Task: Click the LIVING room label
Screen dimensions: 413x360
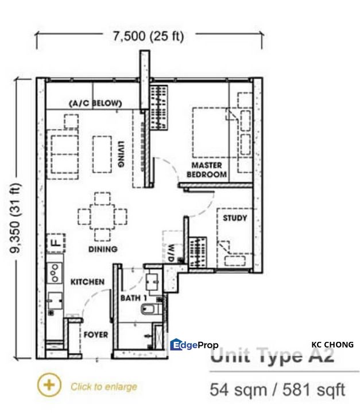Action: tap(121, 154)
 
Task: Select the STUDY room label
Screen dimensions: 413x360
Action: tap(235, 218)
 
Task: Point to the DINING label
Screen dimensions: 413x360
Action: tap(103, 249)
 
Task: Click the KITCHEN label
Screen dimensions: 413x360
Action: tap(87, 282)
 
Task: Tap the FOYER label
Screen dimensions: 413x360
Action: tap(96, 334)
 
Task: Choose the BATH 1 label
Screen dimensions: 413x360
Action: tap(134, 298)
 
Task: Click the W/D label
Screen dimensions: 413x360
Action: tap(171, 252)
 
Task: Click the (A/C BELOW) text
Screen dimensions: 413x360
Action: tap(95, 103)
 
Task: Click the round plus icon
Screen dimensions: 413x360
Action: tap(50, 385)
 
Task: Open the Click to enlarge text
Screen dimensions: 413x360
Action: tap(104, 387)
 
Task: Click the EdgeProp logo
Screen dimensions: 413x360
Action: tap(194, 345)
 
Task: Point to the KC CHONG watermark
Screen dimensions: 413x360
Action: tap(332, 345)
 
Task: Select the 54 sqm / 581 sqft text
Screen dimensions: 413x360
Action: tap(277, 391)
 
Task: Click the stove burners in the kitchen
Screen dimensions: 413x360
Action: tap(55, 273)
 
